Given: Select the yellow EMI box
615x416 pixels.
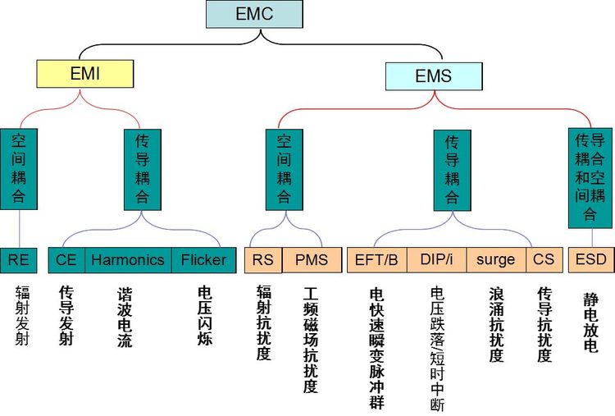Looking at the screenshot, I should (x=84, y=75).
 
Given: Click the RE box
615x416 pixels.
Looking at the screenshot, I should (x=19, y=260).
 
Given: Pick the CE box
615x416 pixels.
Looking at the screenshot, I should (x=66, y=260).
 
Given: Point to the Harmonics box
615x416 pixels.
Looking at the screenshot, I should (x=128, y=260).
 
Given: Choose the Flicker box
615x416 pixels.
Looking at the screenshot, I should (x=203, y=260).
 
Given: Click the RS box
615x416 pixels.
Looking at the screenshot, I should (x=262, y=260).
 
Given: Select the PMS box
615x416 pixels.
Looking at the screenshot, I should (x=311, y=260).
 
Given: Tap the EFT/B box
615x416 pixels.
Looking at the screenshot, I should (x=376, y=260).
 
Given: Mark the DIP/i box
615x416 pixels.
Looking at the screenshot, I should (x=436, y=260).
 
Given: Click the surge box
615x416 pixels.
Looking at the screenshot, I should (x=496, y=260).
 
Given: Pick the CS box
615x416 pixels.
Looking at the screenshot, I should (x=543, y=260).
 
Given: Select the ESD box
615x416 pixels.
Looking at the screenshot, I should (x=590, y=260).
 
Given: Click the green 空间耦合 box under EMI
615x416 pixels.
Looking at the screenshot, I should (x=19, y=169).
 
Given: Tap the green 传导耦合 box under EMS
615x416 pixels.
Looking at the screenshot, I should (x=452, y=169).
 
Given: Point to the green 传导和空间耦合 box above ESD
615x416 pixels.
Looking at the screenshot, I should (x=590, y=177).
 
